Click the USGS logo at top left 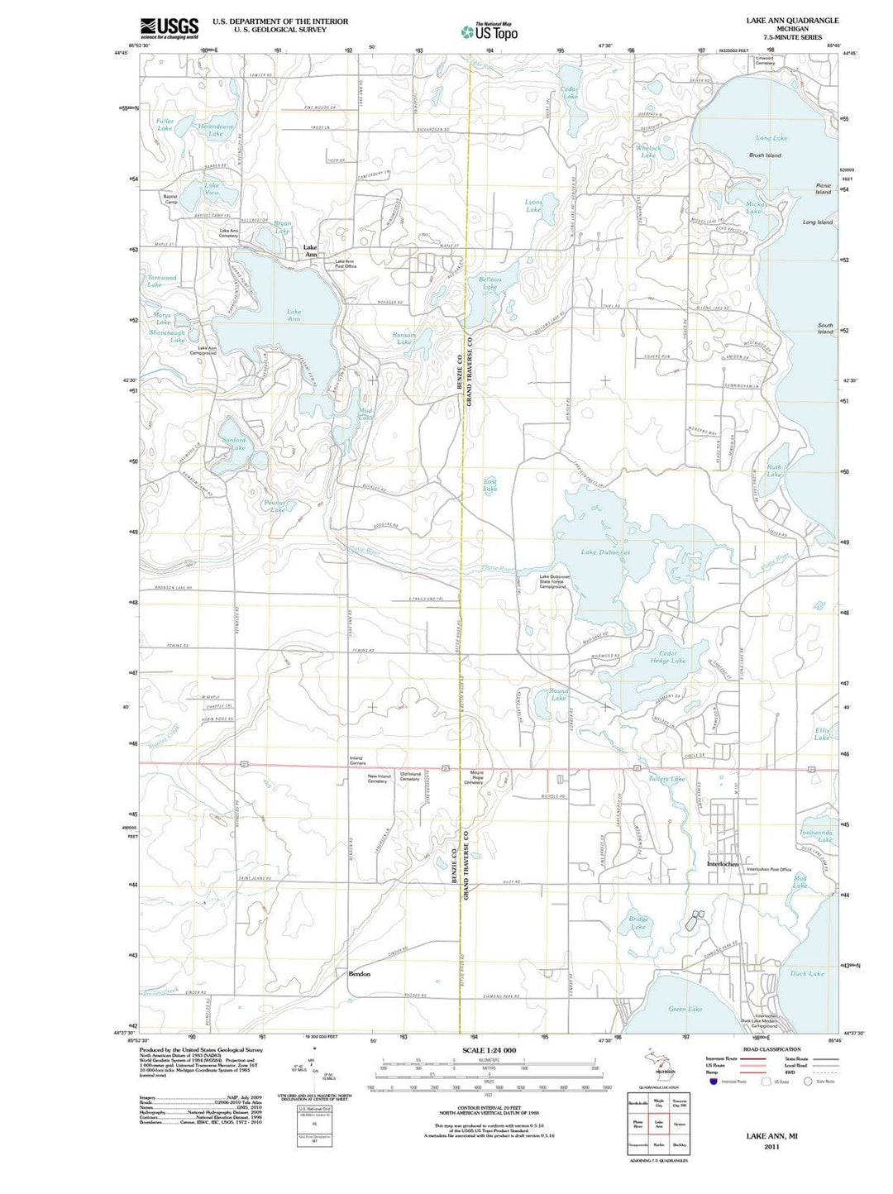pos(170,28)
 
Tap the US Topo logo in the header pos(489,32)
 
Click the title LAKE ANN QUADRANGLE pos(791,21)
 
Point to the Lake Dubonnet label pos(605,552)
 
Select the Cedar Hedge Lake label pos(667,657)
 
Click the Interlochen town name pos(722,864)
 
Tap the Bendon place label pos(359,974)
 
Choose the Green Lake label pos(685,1009)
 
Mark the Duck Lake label pos(806,973)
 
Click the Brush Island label pos(764,155)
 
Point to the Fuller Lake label pos(165,125)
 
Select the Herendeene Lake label pos(216,130)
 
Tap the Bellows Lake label pos(489,283)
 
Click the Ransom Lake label pos(404,338)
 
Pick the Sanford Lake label pos(234,444)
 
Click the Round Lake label pos(558,695)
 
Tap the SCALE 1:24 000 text pos(487,1050)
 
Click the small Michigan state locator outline pos(658,1062)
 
